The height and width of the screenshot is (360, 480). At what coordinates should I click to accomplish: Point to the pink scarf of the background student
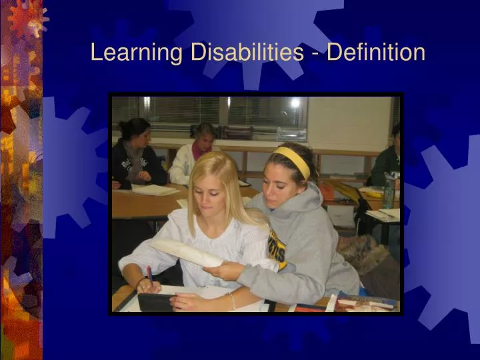coord(198,147)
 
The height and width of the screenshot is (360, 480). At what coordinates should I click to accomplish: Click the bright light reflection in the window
coord(295,103)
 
